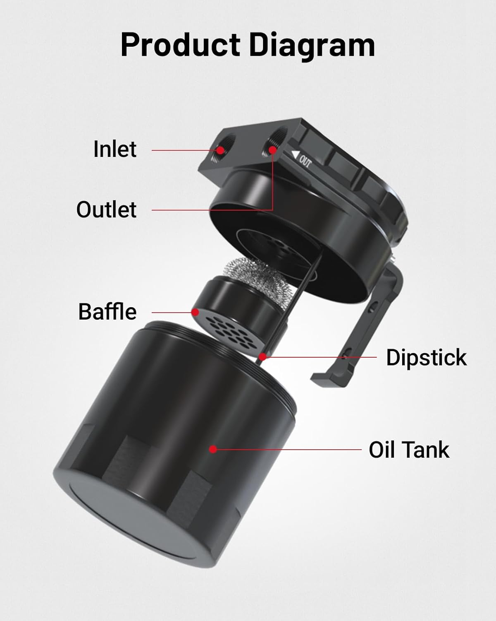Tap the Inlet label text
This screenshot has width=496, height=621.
(114, 149)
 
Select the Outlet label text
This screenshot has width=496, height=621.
(106, 209)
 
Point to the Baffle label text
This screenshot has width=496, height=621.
(107, 312)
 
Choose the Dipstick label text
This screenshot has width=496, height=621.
(426, 357)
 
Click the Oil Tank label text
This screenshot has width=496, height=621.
(409, 450)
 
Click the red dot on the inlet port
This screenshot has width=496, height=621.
(221, 149)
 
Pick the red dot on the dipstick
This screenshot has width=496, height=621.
(262, 356)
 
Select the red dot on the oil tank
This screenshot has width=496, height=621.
(213, 449)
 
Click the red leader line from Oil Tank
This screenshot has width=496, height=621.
(289, 449)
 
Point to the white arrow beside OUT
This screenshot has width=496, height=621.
(294, 155)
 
